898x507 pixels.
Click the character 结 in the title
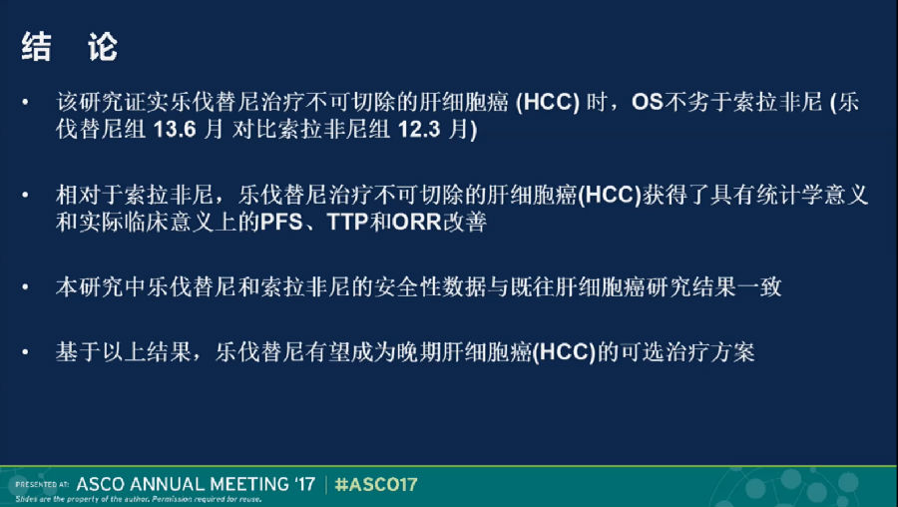coord(37,47)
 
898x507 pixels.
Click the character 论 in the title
coord(103,47)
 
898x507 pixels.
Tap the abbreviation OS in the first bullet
coord(648,103)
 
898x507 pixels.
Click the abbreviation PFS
coord(281,223)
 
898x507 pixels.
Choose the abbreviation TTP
coord(347,223)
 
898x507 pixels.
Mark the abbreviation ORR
coord(417,223)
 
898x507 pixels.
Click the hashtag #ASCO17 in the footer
coord(376,485)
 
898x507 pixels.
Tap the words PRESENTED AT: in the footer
coord(42,485)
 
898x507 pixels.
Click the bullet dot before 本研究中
coord(25,286)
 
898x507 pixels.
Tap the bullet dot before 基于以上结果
coord(25,351)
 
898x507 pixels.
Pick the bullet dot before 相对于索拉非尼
coord(25,196)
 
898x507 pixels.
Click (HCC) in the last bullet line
coord(564,351)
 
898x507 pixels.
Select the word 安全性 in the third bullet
coord(409,287)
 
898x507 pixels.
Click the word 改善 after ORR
coord(464,223)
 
